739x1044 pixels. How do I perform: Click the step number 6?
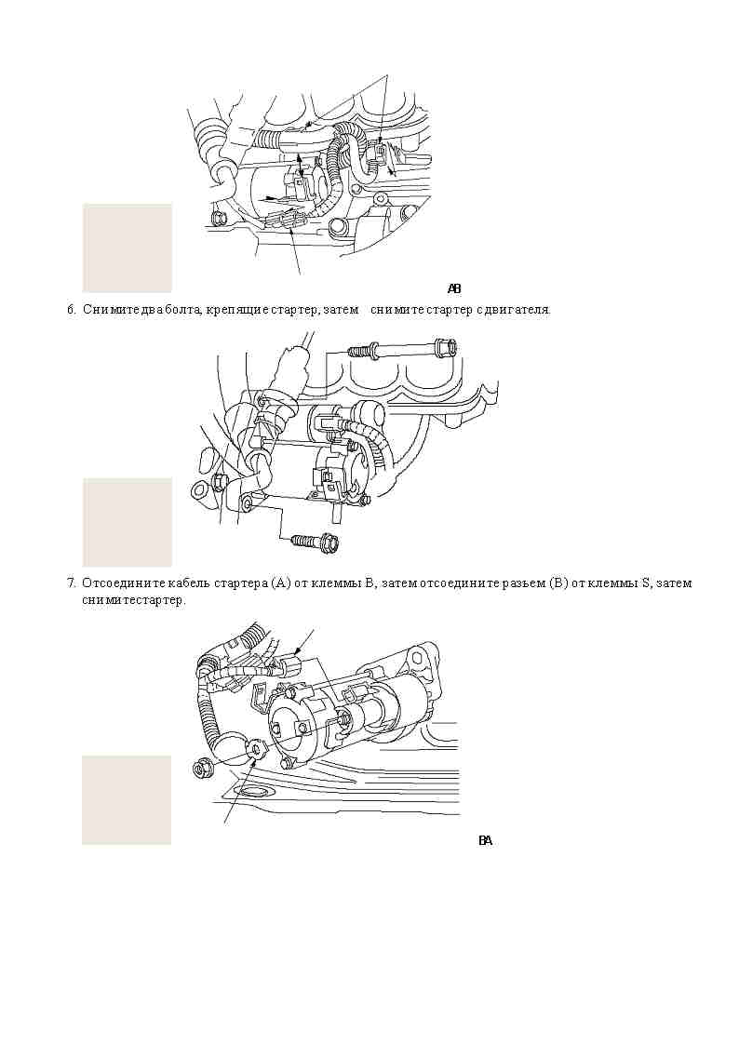[x=71, y=310]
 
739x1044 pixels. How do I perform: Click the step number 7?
[x=71, y=583]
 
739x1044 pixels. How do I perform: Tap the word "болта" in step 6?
[x=184, y=310]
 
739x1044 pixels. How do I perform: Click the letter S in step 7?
[x=645, y=583]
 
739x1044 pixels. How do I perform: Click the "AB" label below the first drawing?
[x=454, y=289]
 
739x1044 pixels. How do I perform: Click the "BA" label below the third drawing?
[x=485, y=841]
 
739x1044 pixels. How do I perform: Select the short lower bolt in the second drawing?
[x=314, y=541]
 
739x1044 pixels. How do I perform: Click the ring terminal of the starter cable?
[x=256, y=751]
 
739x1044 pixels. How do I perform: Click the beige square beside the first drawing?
[x=128, y=248]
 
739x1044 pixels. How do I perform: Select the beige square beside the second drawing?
[x=128, y=523]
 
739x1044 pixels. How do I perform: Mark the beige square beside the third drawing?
[x=127, y=800]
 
